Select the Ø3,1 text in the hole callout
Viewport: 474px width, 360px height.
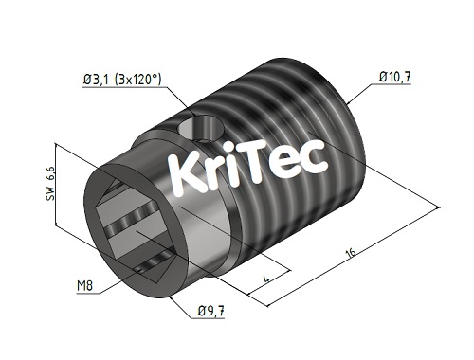(99, 80)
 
